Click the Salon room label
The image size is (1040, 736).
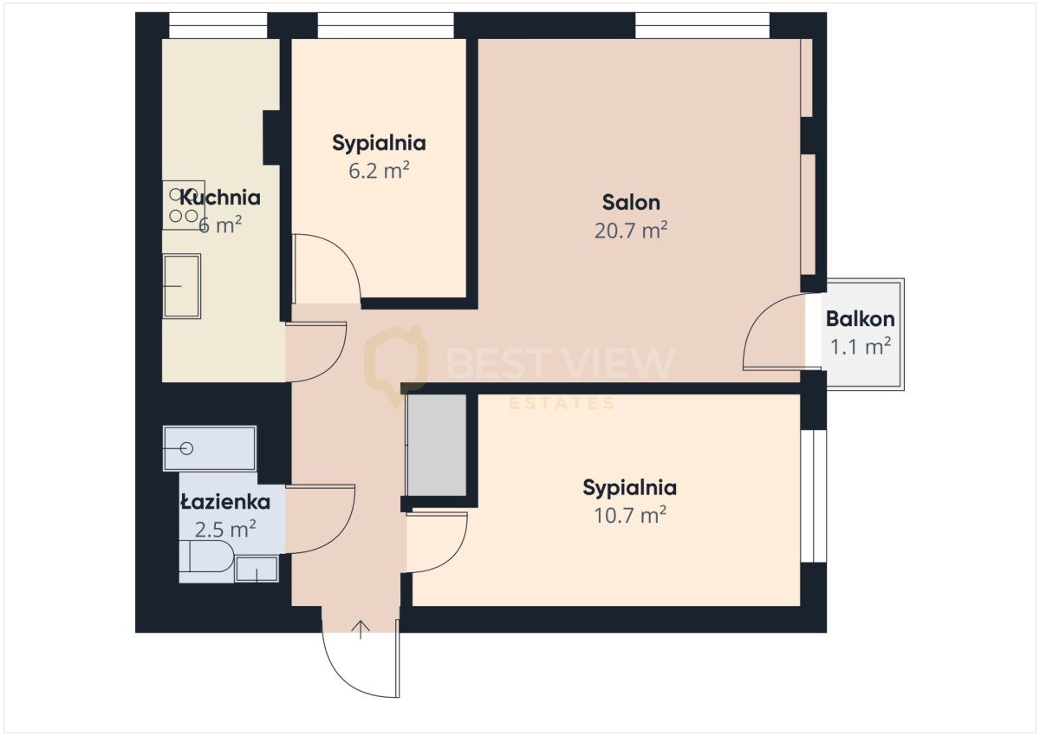[631, 203]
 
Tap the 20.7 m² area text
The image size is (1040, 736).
[631, 231]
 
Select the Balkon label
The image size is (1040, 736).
[860, 318]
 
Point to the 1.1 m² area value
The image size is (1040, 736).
[861, 347]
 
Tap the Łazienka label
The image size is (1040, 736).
[225, 502]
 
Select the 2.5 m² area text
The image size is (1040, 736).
[225, 529]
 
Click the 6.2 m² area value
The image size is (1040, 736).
[379, 170]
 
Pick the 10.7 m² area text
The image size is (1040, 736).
[629, 515]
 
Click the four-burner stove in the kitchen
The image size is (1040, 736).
[182, 205]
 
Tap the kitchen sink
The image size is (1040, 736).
[181, 285]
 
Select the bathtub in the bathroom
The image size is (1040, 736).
[209, 448]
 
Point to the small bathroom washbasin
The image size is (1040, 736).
[257, 569]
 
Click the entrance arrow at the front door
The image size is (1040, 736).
[361, 629]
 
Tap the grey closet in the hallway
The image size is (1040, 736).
[438, 445]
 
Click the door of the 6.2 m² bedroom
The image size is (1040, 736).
[328, 269]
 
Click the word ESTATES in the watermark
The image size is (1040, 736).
[561, 403]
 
